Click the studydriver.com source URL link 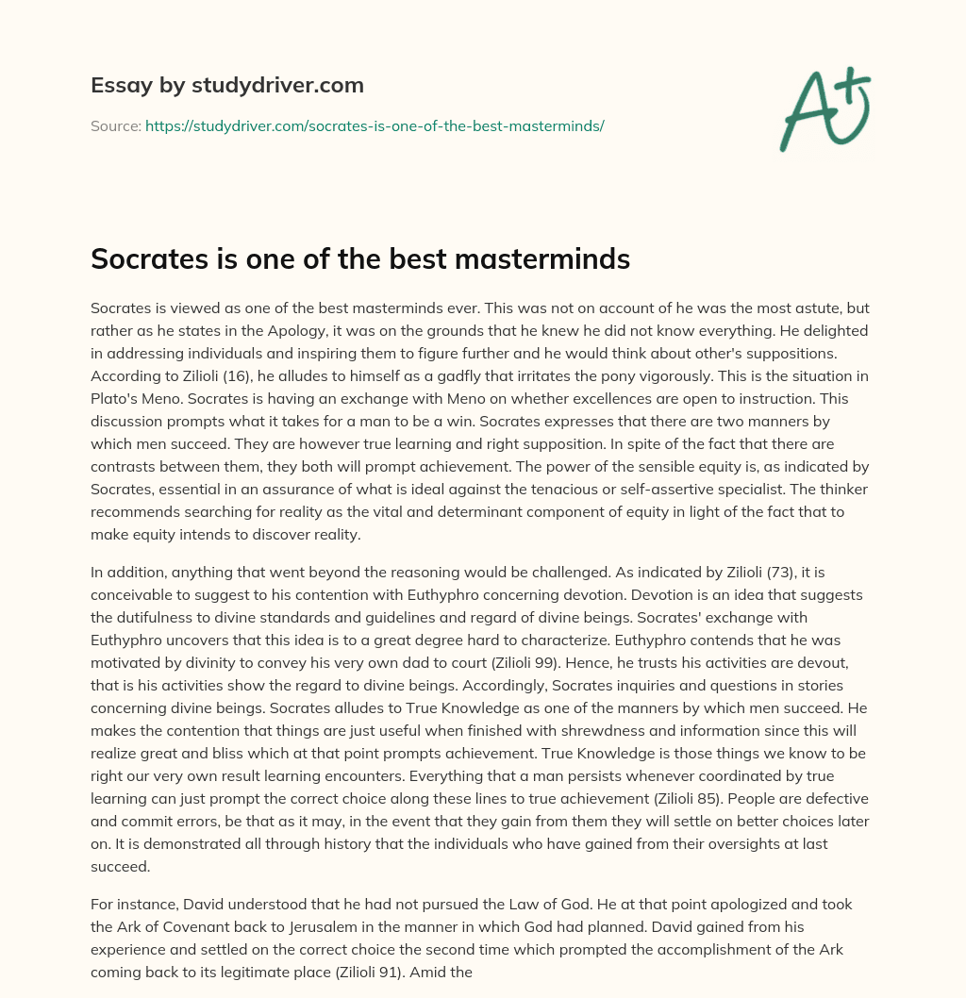pyautogui.click(x=375, y=125)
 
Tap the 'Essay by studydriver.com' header pyautogui.click(x=226, y=86)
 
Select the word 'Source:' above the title pyautogui.click(x=116, y=125)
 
